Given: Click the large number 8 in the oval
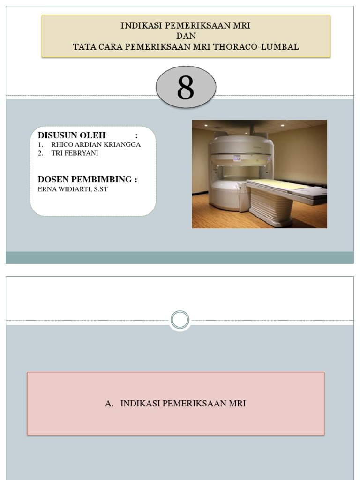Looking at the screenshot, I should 186,88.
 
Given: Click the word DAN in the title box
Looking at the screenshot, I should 186,36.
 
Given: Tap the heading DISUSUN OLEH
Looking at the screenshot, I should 72,135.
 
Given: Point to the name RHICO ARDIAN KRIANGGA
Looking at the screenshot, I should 96,144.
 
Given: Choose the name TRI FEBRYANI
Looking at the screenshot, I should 75,153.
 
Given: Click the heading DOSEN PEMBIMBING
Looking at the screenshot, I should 87,180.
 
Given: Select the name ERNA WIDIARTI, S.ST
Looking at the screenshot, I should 73,189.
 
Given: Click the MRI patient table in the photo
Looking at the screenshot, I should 281,186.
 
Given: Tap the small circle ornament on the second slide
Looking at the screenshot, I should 180,321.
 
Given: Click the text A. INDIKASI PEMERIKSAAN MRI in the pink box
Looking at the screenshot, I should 176,403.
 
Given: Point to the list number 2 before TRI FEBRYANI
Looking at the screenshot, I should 41,153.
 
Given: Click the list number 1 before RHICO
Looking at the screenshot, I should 41,144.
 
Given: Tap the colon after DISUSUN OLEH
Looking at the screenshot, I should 136,135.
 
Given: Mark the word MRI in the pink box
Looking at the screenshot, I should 237,403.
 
